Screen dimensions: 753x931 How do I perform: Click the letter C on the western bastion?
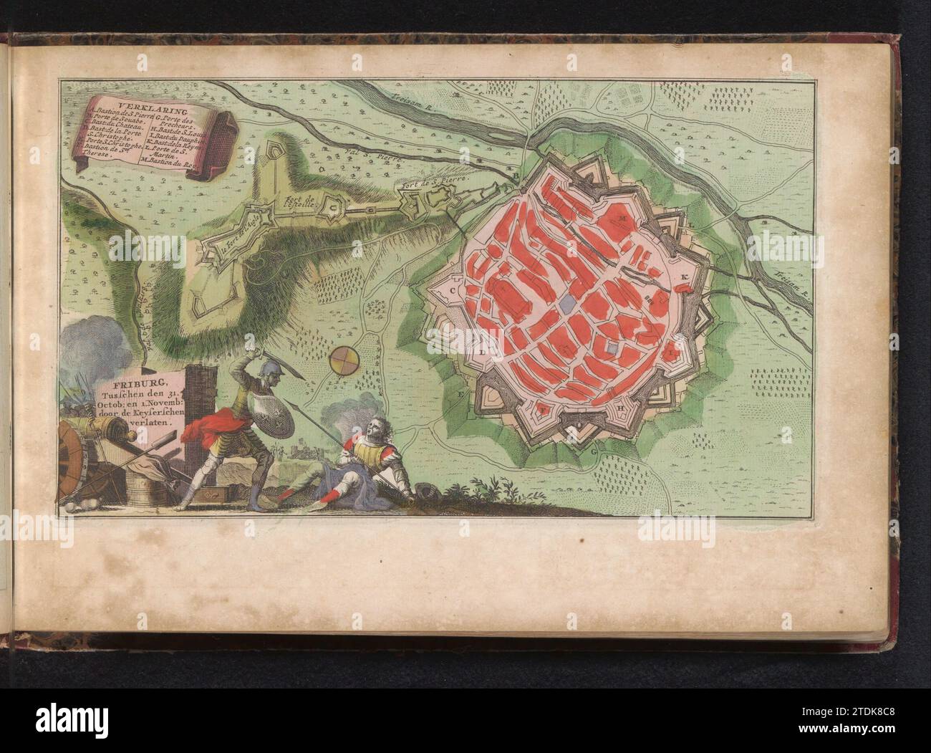pos(453,290)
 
